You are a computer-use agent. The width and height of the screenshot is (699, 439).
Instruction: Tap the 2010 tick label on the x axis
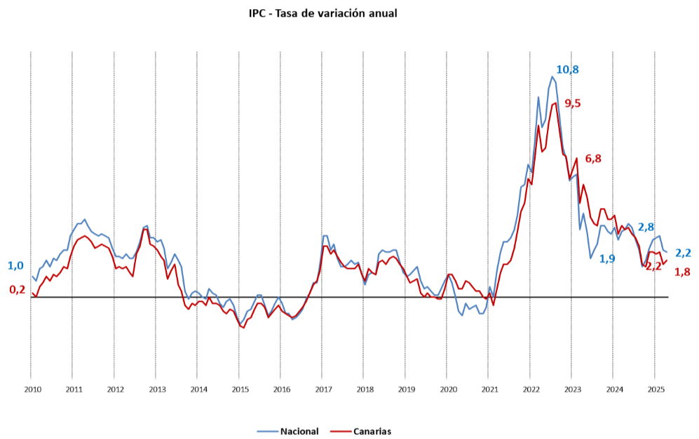click(31, 389)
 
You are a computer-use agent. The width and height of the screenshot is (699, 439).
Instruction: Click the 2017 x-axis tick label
click(323, 389)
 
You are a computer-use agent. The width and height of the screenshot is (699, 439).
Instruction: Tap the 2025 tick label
click(656, 389)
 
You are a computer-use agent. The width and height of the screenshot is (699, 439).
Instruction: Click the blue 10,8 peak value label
click(567, 69)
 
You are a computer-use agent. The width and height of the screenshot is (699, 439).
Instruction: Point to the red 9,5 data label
click(573, 104)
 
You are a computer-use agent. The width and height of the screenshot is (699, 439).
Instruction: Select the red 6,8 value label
click(593, 159)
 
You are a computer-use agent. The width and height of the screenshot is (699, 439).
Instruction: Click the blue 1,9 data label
click(607, 258)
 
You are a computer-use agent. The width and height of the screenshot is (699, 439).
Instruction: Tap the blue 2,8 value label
click(646, 227)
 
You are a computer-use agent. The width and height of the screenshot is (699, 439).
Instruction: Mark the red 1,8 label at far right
click(682, 272)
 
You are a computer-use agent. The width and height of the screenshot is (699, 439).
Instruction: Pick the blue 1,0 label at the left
click(15, 266)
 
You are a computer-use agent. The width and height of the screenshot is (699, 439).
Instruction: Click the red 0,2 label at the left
click(17, 289)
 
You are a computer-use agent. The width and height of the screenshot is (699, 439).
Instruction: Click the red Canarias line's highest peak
click(555, 103)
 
